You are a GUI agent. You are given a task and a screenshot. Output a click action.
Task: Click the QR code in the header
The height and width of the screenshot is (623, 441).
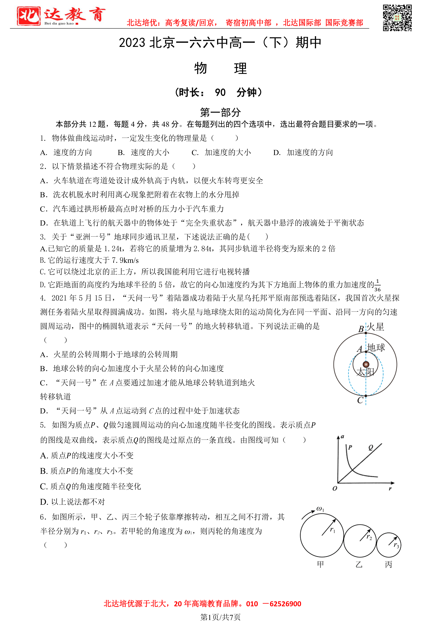click(x=397, y=18)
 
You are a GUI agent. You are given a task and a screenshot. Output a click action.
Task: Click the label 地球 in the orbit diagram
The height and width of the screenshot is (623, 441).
click(x=376, y=348)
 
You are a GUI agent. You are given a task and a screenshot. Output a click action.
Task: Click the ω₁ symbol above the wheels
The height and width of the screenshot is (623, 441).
click(x=320, y=509)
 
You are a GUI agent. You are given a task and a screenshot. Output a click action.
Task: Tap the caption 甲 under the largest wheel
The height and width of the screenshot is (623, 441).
click(x=320, y=564)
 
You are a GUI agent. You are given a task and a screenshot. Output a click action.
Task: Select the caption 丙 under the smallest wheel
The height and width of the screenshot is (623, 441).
click(x=389, y=564)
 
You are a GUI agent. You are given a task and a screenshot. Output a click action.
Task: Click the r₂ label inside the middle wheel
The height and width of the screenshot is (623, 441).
click(x=369, y=537)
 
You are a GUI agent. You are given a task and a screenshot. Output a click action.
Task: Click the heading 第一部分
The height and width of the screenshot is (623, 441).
click(x=220, y=112)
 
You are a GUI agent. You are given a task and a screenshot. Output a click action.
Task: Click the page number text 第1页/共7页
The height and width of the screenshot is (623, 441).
click(x=220, y=617)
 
